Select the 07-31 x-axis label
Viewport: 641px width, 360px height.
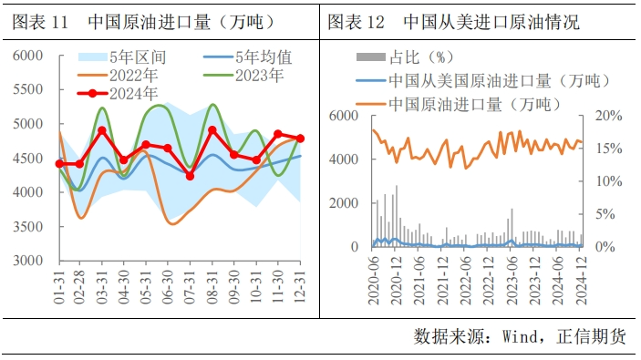[x=190, y=287]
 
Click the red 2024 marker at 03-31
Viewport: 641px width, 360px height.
[x=102, y=130]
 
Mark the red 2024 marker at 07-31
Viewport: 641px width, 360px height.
[x=190, y=175]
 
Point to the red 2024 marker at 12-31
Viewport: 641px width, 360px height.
[x=301, y=139]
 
